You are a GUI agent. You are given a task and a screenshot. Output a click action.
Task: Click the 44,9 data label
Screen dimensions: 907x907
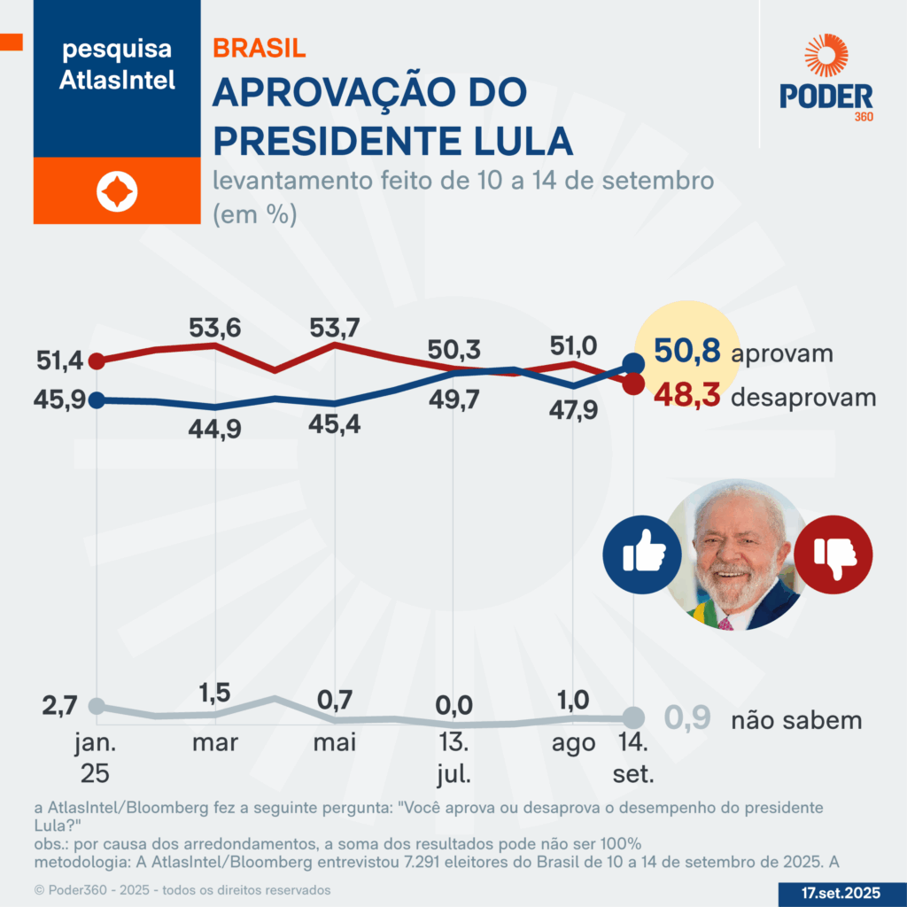point(215,429)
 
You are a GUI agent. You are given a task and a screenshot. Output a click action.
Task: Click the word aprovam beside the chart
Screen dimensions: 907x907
point(783,353)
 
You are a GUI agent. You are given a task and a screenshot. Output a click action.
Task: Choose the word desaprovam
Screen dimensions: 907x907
point(803,397)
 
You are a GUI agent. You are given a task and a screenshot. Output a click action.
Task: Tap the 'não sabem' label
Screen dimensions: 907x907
point(796,720)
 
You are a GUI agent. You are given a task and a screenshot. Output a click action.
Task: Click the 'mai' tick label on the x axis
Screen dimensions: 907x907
point(334,742)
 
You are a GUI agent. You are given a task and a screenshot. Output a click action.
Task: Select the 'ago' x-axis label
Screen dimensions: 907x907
point(574,742)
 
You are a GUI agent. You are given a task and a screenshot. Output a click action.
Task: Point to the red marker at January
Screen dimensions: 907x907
point(97,360)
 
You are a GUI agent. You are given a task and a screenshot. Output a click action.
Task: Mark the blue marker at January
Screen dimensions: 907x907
point(97,399)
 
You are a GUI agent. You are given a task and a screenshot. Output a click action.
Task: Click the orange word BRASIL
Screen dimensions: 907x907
point(260,48)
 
